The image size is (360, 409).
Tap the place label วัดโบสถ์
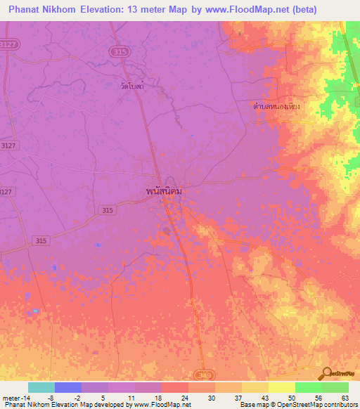[131, 86]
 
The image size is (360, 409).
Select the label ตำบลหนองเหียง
[276, 107]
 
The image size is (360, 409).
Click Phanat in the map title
[26, 10]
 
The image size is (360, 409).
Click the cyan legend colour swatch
[41, 387]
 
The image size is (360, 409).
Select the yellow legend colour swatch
[281, 387]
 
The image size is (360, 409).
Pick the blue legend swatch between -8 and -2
[67, 387]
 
